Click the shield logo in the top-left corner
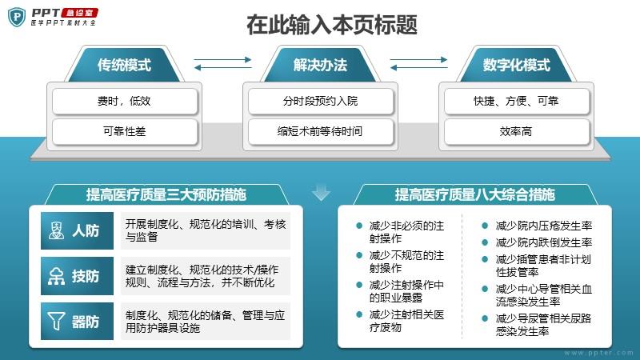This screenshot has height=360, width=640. coord(17,17)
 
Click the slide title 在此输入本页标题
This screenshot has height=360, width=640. coord(332,25)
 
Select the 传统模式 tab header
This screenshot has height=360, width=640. coord(124,65)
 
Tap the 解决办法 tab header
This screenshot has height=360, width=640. coord(320,65)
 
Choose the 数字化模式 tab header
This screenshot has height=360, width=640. coord(516,65)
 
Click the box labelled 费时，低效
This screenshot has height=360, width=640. coord(125,101)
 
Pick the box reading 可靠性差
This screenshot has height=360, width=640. coord(125,131)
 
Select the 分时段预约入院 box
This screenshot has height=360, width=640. coord(321,101)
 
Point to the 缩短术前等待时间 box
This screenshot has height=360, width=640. coord(321,131)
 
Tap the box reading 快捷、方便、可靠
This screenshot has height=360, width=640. coord(516,101)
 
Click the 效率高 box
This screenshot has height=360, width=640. coord(516,131)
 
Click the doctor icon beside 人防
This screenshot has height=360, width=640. coord(56,230)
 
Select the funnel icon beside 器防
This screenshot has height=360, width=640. coord(56,322)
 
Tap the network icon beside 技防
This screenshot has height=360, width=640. coord(56,276)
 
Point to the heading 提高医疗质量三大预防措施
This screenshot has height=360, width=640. coord(166,194)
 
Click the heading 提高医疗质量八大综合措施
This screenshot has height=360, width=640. coord(474,194)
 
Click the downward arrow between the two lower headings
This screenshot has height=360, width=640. coord(322,193)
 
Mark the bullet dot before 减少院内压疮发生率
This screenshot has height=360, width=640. coord(485,226)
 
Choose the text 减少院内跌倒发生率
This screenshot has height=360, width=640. coord(544,242)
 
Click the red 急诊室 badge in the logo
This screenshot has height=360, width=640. coord(79,13)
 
